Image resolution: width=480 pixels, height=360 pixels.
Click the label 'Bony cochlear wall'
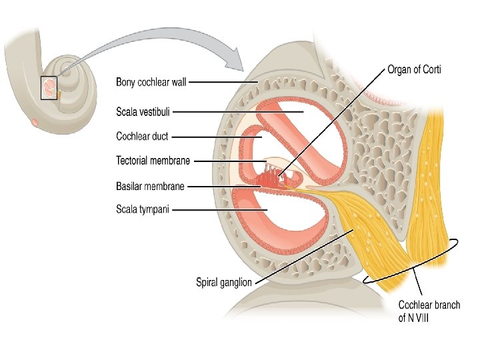click(x=151, y=83)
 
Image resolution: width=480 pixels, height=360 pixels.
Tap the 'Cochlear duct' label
click(x=142, y=137)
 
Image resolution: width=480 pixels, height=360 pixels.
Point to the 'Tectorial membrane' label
click(x=153, y=161)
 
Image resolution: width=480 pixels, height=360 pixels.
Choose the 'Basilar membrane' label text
click(x=150, y=187)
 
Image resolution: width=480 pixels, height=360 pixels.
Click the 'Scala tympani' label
click(x=143, y=209)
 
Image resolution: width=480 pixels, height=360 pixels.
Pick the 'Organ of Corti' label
click(x=414, y=69)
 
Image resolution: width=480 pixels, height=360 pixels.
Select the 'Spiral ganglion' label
click(x=224, y=282)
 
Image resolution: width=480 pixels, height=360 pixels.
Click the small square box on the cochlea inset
click(x=50, y=88)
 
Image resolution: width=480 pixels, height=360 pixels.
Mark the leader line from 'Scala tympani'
click(x=220, y=210)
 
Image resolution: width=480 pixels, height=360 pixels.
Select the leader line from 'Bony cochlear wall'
click(x=223, y=83)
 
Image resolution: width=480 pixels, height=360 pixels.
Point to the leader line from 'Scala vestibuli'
click(x=240, y=112)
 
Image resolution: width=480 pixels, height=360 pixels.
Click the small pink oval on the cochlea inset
click(x=35, y=122)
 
